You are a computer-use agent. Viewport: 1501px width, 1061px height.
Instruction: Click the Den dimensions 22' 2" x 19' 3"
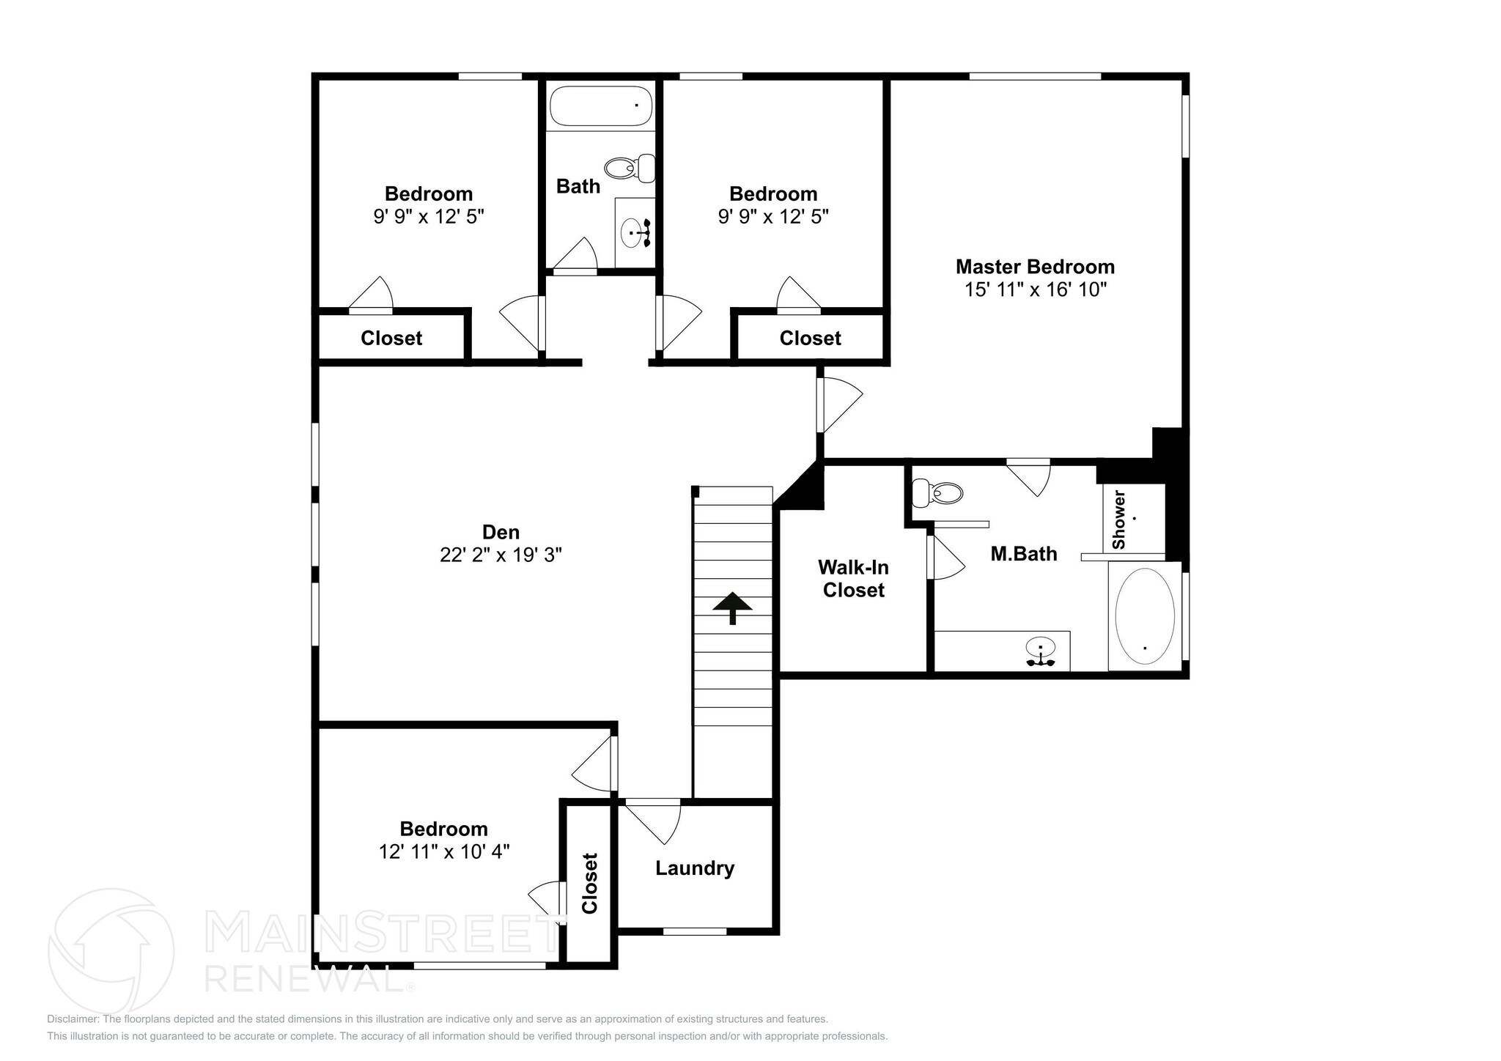coord(501,555)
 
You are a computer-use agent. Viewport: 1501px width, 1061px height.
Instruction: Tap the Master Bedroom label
coord(1035,267)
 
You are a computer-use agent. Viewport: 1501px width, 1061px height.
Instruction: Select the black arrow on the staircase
coord(732,607)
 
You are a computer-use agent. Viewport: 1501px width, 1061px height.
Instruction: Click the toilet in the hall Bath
coord(630,169)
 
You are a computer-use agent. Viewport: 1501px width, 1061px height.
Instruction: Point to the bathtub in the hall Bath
coord(600,107)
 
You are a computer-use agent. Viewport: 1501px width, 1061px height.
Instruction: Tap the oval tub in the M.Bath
coord(1144,616)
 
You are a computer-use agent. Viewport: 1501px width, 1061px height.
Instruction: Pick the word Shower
coord(1118,520)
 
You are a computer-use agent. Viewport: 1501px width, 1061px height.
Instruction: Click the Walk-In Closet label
coord(853,578)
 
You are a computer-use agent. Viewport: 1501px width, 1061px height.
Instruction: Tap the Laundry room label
coord(694,868)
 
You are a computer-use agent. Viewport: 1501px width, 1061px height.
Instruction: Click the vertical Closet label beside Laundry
coord(590,883)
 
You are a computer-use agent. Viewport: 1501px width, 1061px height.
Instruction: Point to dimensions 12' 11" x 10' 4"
coord(444,851)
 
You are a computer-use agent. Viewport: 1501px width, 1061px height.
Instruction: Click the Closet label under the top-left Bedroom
coord(391,339)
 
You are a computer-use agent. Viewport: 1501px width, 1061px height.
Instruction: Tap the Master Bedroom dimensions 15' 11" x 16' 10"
coord(1035,289)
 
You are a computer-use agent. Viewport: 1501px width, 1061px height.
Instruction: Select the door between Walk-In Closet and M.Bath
coord(945,558)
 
